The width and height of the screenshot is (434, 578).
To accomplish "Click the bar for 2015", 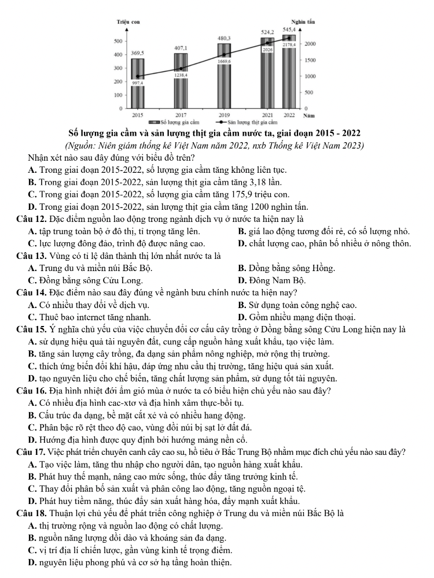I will (x=138, y=84).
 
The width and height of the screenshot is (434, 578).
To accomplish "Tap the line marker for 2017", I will (x=181, y=68).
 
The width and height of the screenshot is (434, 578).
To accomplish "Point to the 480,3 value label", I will (x=224, y=38).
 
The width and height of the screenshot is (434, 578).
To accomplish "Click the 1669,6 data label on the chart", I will (x=224, y=61).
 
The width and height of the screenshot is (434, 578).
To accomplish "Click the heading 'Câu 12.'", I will (x=34, y=218).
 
